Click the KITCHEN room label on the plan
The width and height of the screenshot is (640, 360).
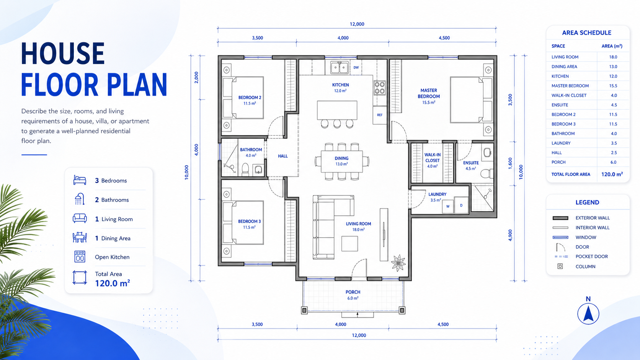pyautogui.click(x=340, y=85)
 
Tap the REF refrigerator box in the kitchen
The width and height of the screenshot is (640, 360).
pyautogui.click(x=380, y=115)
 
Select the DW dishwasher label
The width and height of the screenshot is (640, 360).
pyautogui.click(x=356, y=68)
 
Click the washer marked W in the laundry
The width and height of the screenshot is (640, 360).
pyautogui.click(x=448, y=206)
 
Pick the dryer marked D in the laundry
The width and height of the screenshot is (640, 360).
pyautogui.click(x=461, y=205)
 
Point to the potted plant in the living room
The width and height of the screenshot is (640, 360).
pyautogui.click(x=398, y=263)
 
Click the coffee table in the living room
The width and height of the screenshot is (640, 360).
pyautogui.click(x=350, y=244)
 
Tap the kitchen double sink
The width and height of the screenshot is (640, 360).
pyautogui.click(x=340, y=68)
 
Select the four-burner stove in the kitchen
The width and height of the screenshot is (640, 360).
pyautogui.click(x=380, y=88)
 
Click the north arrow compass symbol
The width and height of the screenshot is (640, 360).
pyautogui.click(x=588, y=314)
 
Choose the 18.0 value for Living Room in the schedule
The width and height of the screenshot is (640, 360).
pyautogui.click(x=613, y=57)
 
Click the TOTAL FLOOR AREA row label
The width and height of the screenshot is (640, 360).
pyautogui.click(x=571, y=174)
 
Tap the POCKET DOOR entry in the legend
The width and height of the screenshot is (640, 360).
pyautogui.click(x=591, y=256)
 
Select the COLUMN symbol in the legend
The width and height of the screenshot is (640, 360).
pyautogui.click(x=560, y=266)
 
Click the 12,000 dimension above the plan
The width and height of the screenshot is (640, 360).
pyautogui.click(x=357, y=24)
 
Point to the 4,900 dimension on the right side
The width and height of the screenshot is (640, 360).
pyautogui.click(x=510, y=235)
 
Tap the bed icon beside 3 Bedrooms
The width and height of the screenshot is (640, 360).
pyautogui.click(x=80, y=180)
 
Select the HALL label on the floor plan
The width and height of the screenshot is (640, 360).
pyautogui.click(x=282, y=156)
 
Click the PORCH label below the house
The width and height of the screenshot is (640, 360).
pyautogui.click(x=353, y=292)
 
